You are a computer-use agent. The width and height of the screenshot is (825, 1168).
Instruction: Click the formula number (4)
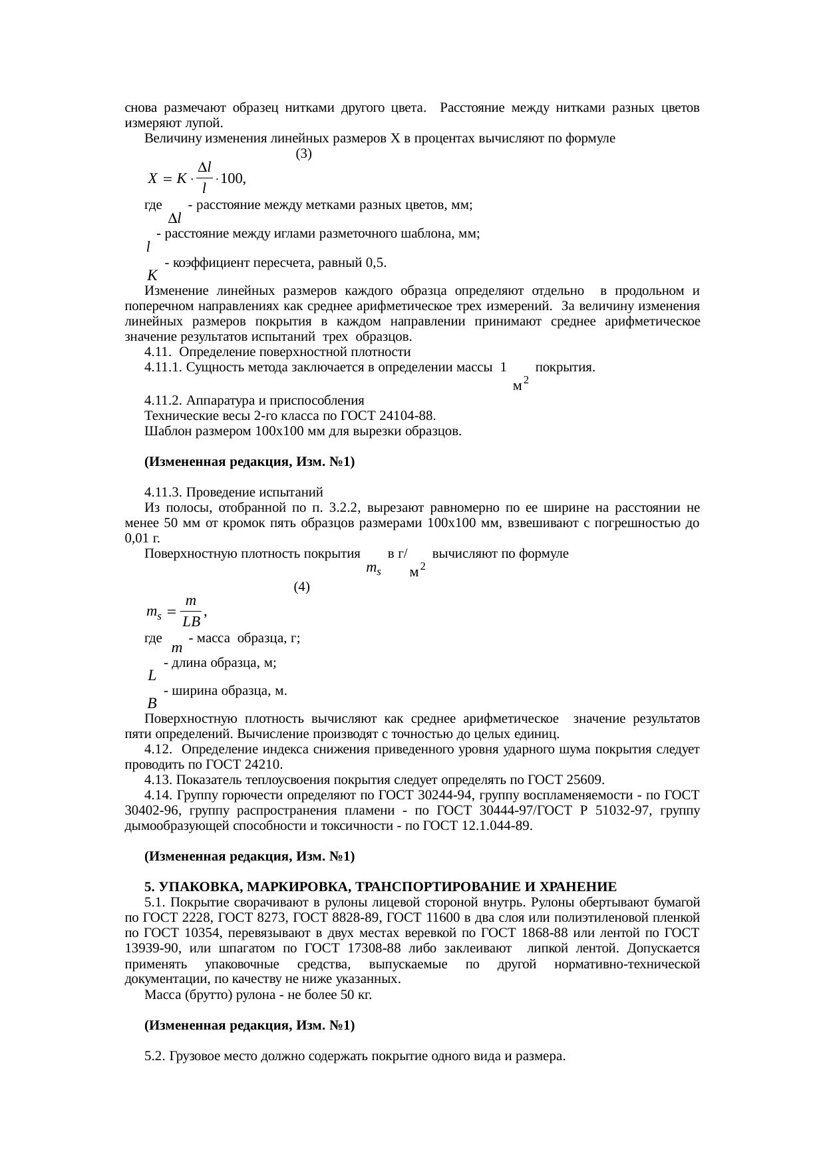coord(301,587)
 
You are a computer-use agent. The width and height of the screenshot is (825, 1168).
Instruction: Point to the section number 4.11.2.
coord(164,401)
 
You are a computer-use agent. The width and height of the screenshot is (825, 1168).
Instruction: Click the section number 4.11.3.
coord(164,492)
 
